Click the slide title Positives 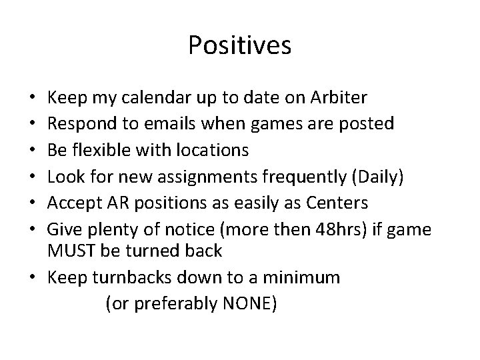pyautogui.click(x=239, y=45)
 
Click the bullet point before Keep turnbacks pyautogui.click(x=33, y=278)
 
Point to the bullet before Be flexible pyautogui.click(x=33, y=150)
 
